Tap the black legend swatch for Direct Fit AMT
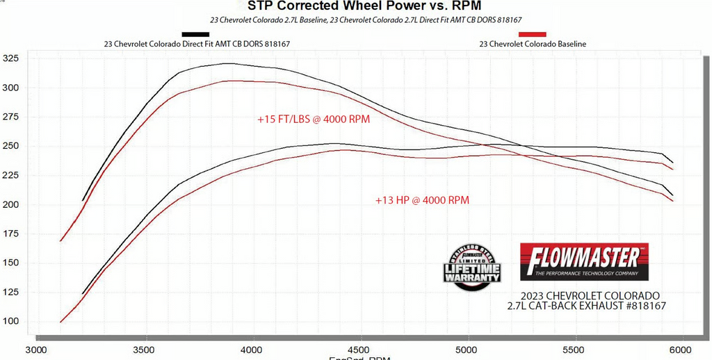pos(195,33)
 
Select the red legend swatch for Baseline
pos(532,33)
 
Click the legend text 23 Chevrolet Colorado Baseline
pos(533,44)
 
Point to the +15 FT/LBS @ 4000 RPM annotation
pos(313,119)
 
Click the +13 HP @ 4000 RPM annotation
pos(422,200)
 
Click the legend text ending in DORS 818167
pos(196,44)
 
